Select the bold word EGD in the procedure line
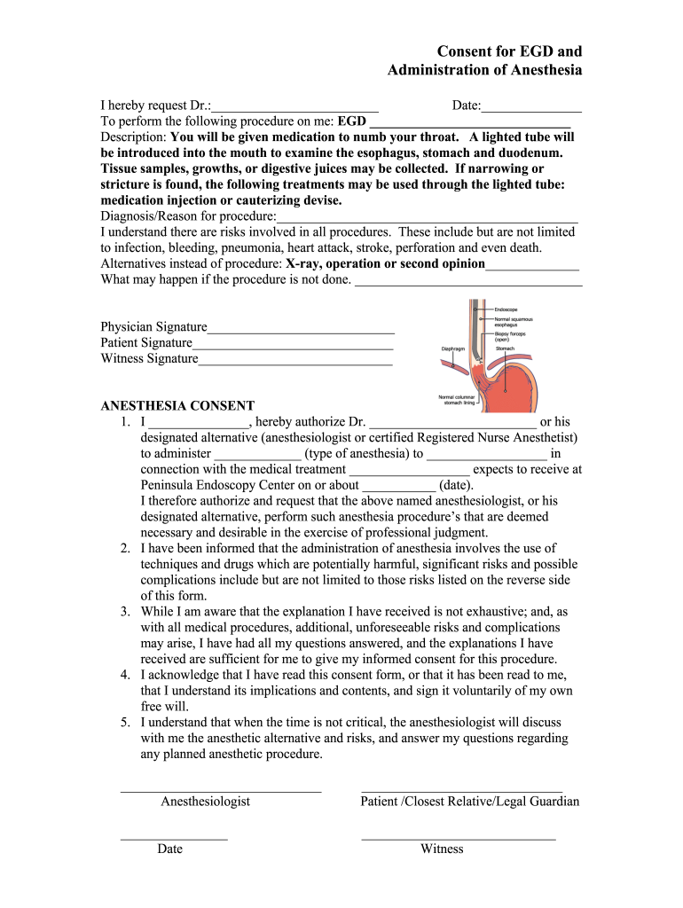[352, 121]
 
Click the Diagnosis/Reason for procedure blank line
[427, 218]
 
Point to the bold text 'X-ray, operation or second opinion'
[385, 264]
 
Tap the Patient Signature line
[293, 345]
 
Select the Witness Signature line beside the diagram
[295, 361]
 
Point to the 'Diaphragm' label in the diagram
[452, 348]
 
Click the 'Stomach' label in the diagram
[505, 348]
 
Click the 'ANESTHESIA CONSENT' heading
[177, 406]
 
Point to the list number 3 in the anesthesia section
[125, 612]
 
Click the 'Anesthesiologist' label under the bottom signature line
[205, 802]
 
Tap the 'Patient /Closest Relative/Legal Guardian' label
[469, 802]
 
